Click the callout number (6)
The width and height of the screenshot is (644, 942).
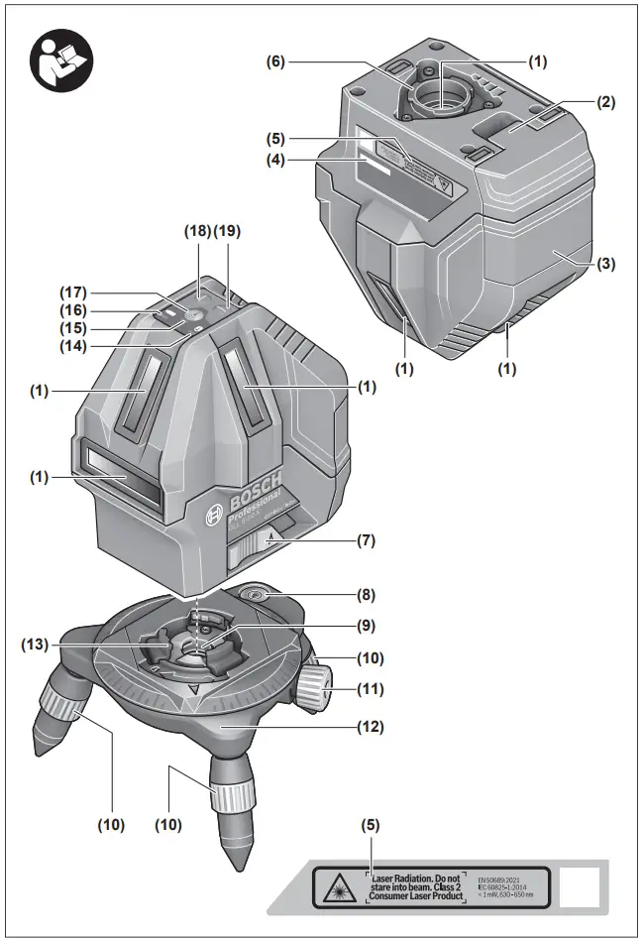(276, 60)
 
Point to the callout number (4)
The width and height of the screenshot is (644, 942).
(276, 158)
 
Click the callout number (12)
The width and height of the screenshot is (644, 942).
(371, 726)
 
